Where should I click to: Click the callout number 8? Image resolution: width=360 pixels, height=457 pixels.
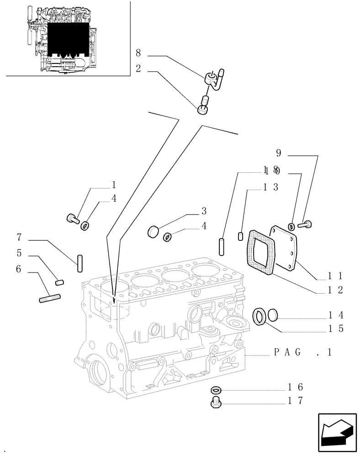(138, 53)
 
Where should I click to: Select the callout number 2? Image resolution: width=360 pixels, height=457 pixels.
(138, 69)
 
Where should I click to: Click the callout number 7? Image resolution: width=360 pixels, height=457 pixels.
(20, 237)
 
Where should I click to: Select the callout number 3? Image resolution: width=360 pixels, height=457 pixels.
(204, 211)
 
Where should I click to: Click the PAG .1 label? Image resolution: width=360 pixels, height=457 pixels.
(302, 352)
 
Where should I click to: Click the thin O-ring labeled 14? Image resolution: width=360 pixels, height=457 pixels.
(273, 315)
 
